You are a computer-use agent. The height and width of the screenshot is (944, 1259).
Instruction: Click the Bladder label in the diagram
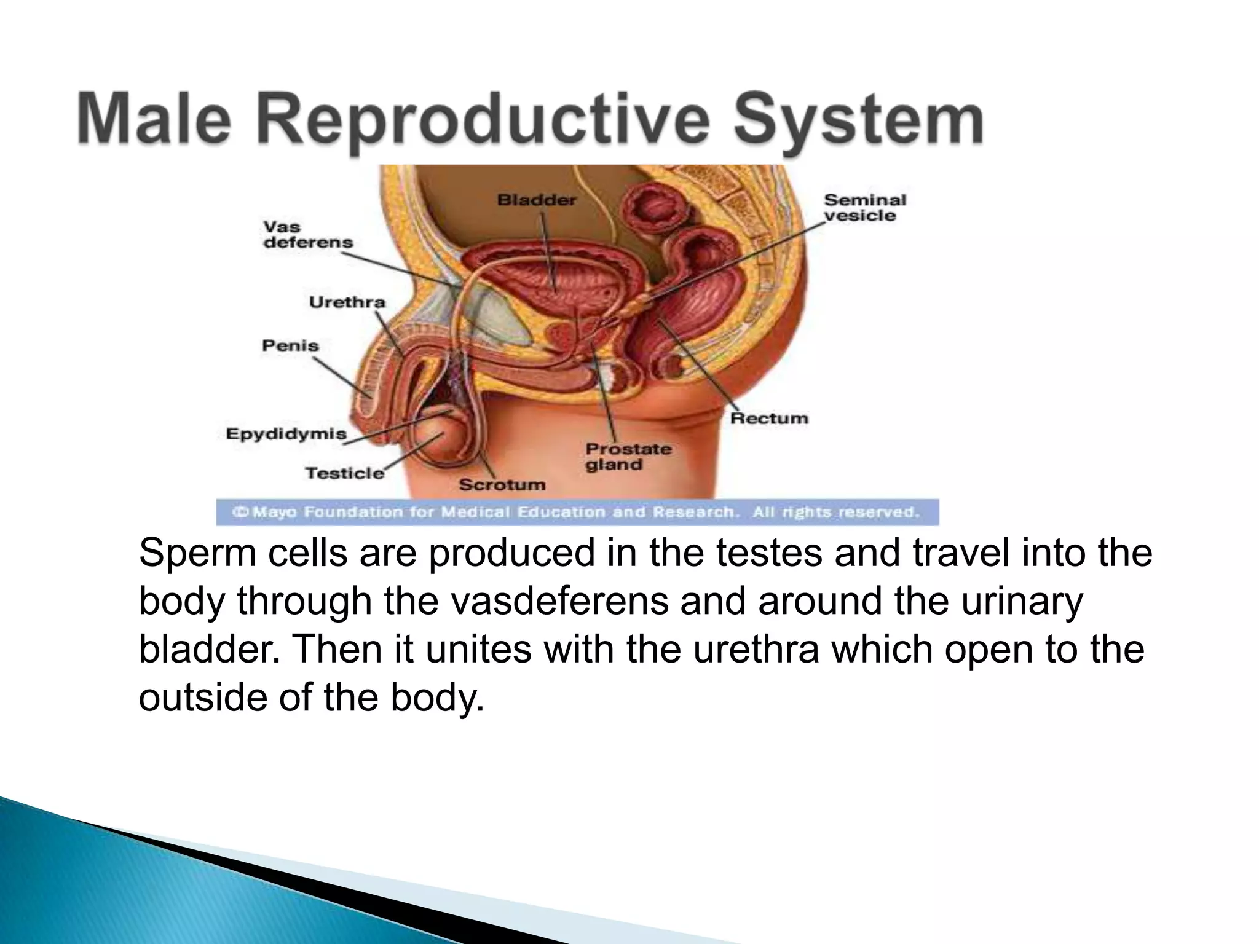click(537, 200)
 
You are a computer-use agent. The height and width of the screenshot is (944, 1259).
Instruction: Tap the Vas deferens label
click(308, 234)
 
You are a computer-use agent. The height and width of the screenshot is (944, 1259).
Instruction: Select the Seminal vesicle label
click(864, 208)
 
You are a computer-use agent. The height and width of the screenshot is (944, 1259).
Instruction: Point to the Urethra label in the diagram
click(347, 302)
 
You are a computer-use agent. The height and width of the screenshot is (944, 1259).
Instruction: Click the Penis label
click(290, 345)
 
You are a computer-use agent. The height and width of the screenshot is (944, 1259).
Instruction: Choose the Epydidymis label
click(286, 434)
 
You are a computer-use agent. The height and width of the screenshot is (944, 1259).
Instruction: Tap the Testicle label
click(344, 473)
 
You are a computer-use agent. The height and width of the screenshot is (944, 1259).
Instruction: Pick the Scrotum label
click(502, 485)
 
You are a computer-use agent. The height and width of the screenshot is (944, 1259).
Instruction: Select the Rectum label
click(769, 419)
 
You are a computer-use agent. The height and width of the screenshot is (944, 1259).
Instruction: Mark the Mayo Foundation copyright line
click(577, 512)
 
